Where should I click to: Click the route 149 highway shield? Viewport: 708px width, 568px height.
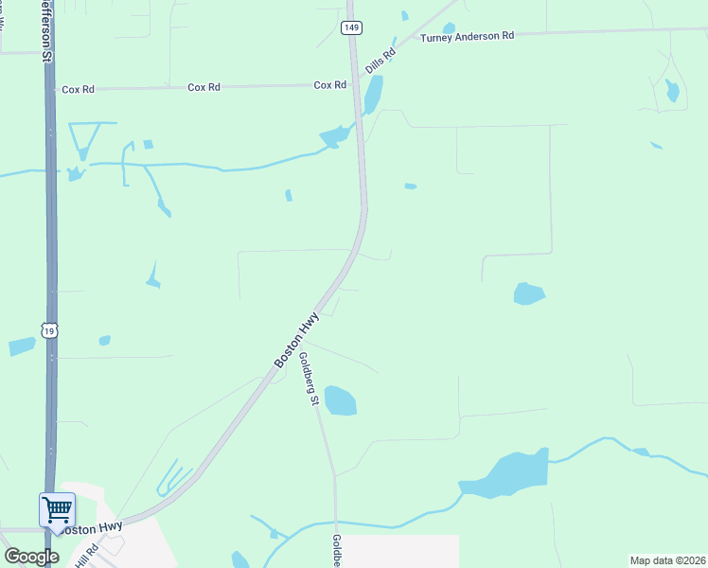[351, 28]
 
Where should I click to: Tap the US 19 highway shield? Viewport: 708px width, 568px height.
[50, 329]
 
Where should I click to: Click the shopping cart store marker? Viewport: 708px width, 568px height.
[57, 511]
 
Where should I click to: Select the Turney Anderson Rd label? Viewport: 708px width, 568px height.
[468, 35]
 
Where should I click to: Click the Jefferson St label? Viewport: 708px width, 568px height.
[44, 30]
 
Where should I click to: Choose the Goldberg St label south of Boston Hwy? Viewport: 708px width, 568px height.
[307, 380]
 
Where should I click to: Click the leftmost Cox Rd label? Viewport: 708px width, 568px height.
[78, 89]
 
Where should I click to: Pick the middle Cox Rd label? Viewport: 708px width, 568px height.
[204, 87]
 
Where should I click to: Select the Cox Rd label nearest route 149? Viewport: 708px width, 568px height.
[329, 85]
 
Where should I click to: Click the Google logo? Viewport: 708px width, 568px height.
[31, 556]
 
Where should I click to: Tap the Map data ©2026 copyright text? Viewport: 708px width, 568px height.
[667, 560]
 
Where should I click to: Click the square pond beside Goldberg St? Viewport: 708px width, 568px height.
[341, 400]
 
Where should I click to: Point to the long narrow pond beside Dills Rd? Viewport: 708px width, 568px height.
[374, 93]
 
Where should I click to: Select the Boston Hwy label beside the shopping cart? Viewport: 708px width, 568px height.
[98, 527]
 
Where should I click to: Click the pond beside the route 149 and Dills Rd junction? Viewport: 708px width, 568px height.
[334, 137]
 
